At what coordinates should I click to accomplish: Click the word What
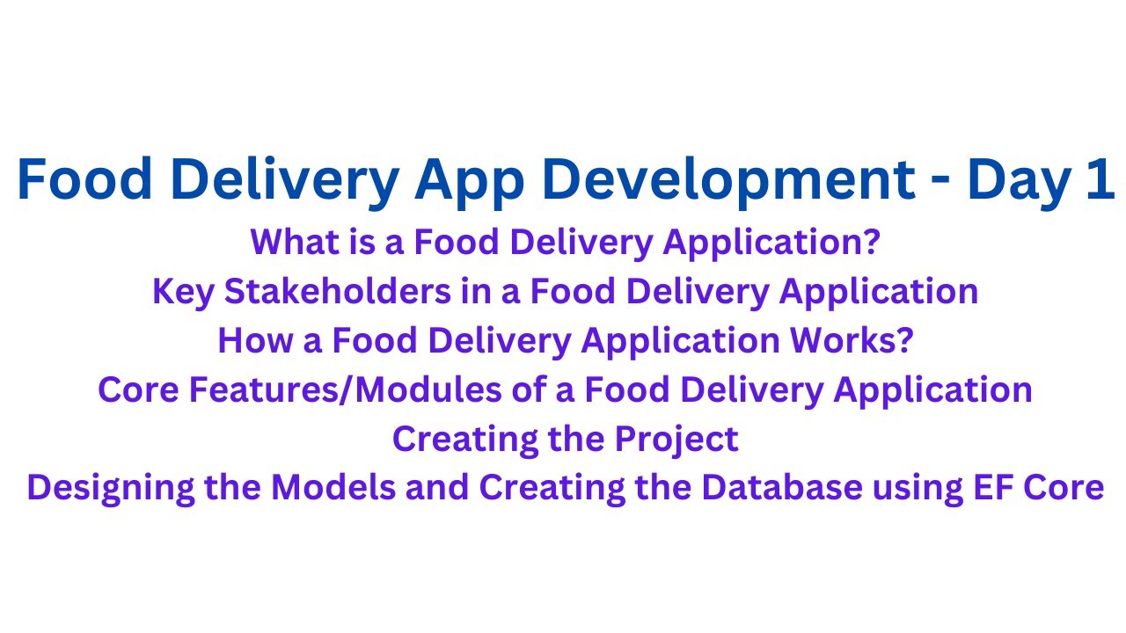(x=289, y=242)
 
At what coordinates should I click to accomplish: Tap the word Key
(x=183, y=291)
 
